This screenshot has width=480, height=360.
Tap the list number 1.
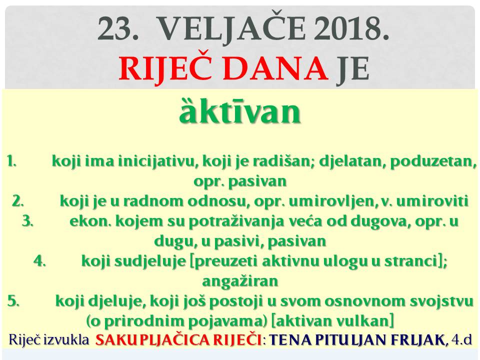point(11,161)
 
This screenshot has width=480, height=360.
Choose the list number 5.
point(13,301)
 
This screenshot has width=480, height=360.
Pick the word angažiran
point(240,281)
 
